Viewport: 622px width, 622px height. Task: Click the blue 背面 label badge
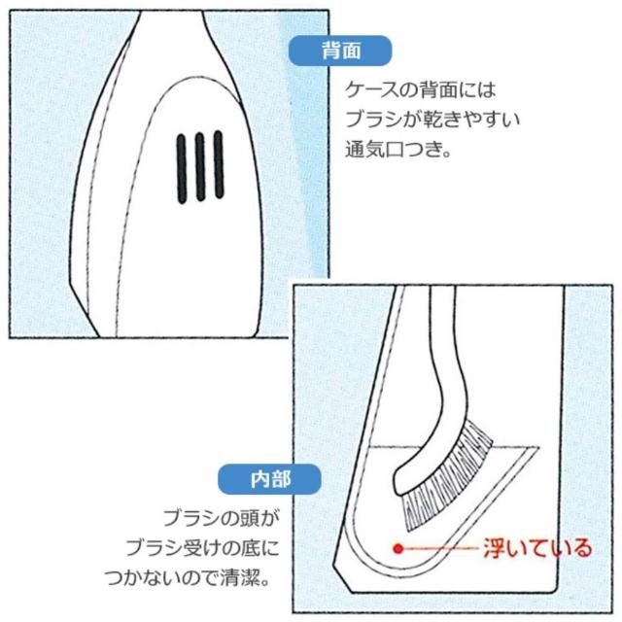tap(340, 51)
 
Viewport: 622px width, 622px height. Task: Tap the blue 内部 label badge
tap(269, 479)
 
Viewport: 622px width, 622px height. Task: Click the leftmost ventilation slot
tap(182, 168)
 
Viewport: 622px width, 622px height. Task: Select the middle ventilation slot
tap(200, 166)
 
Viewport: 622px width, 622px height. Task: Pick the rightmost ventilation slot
tap(219, 164)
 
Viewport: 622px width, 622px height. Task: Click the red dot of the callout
tap(398, 548)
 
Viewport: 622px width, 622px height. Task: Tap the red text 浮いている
tap(537, 548)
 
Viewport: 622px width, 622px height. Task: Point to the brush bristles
tap(446, 476)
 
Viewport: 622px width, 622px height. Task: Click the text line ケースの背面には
tap(421, 90)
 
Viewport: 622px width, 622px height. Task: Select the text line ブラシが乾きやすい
tap(432, 120)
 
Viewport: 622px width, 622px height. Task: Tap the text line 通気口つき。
tap(398, 150)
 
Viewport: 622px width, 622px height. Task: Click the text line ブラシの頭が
tap(222, 518)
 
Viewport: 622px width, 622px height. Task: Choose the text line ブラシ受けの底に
tap(203, 548)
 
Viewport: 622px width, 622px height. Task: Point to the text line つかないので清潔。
tap(188, 578)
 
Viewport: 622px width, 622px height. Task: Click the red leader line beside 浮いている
tap(440, 548)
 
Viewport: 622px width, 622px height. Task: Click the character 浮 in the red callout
tap(494, 548)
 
